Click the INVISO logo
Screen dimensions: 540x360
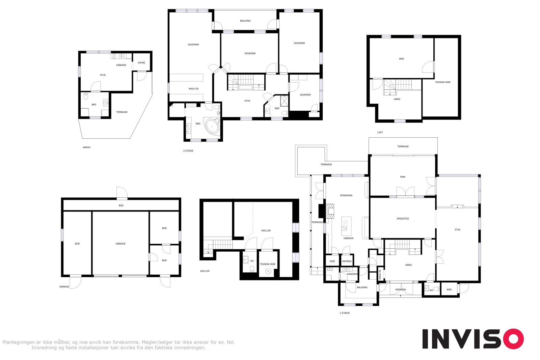(473, 339)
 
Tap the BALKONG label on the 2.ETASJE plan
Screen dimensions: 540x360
(245, 21)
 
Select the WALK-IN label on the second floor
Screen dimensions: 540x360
(193, 89)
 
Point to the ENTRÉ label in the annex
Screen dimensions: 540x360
(141, 63)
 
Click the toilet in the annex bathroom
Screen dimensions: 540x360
(86, 96)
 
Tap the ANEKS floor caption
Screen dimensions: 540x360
(86, 147)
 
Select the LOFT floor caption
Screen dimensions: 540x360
(380, 133)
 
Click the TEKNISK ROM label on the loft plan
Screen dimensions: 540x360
(442, 82)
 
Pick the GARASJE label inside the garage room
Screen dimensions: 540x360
(120, 244)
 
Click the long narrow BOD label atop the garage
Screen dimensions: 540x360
(121, 205)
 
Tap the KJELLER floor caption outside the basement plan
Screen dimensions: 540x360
(205, 271)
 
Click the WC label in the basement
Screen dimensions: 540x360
(252, 261)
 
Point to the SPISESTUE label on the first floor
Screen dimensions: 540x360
(403, 219)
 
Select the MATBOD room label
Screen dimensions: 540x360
(347, 261)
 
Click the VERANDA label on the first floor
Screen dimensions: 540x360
(400, 289)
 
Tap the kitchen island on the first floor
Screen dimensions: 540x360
(346, 226)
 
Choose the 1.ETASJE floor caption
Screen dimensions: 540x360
(345, 313)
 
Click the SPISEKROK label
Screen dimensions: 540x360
(346, 195)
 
